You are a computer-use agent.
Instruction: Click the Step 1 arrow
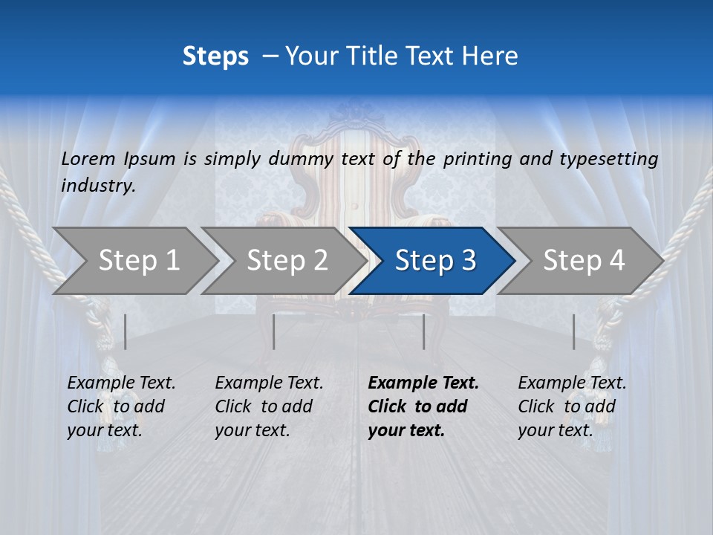138,261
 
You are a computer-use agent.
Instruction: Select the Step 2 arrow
287,261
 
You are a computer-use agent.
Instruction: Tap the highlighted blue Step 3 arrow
434,261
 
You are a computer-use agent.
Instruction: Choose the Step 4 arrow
583,261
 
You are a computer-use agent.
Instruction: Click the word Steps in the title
215,56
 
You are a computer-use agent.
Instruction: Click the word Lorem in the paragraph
88,159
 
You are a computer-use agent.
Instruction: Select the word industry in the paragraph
98,186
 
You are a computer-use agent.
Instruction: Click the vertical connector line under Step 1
126,331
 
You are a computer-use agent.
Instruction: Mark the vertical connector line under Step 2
274,331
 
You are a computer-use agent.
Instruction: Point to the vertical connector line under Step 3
423,331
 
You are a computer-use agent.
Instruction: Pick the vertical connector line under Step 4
573,331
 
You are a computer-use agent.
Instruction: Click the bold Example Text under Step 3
423,383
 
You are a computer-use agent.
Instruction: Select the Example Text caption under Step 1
121,383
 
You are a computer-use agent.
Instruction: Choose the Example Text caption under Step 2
269,383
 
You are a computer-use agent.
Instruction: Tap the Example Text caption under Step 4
572,383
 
